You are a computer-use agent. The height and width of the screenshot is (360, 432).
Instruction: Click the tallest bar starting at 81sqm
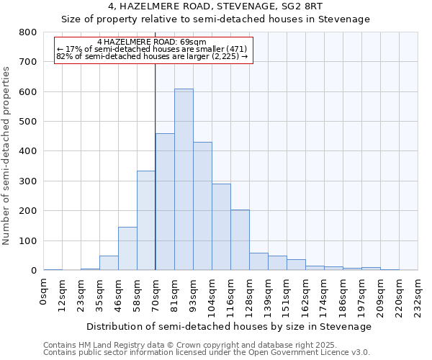[184, 180]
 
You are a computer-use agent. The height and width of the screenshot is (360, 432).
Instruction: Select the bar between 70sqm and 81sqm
[165, 202]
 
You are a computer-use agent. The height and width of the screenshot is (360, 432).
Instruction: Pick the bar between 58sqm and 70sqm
[146, 220]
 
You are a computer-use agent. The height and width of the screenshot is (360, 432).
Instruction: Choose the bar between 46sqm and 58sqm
[127, 248]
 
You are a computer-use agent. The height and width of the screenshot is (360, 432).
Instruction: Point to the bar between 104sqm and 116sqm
[221, 227]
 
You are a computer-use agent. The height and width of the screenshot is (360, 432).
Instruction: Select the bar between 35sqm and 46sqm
[109, 263]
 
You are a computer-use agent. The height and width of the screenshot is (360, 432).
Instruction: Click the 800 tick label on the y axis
[28, 32]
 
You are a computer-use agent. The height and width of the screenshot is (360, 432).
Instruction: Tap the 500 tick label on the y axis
[28, 122]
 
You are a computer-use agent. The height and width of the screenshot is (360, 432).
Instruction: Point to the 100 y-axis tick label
[28, 240]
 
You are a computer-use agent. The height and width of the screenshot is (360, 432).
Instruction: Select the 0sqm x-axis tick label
[44, 291]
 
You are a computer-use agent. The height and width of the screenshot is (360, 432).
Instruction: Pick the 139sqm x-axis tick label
[269, 295]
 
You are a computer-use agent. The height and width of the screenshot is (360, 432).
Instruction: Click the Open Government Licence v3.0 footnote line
[207, 353]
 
